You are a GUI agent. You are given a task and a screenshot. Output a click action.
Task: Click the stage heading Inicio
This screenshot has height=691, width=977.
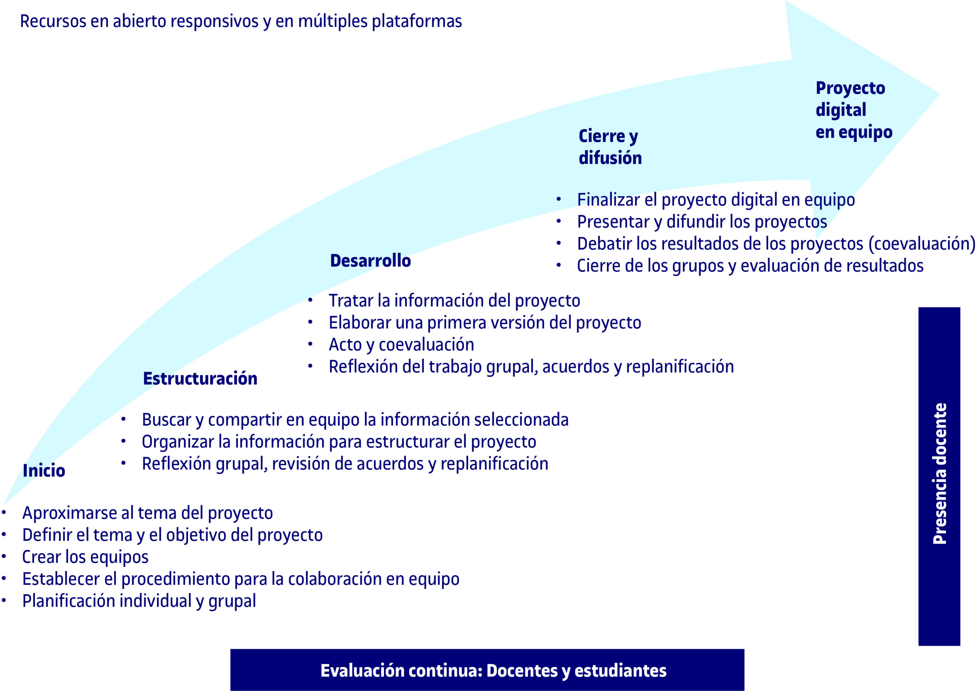44,470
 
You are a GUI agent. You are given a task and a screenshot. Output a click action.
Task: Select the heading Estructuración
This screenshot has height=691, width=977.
200,378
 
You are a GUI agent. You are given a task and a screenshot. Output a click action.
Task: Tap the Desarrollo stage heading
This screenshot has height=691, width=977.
370,260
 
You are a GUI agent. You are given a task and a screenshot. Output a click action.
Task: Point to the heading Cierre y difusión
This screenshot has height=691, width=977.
610,147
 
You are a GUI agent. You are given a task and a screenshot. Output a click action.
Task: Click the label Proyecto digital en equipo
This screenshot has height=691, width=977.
854,110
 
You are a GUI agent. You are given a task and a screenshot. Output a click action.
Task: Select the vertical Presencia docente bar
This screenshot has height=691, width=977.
939,477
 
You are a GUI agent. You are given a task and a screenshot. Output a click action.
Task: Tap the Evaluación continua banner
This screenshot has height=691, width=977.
487,670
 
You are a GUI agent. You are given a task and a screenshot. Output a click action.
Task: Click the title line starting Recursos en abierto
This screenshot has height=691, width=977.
241,21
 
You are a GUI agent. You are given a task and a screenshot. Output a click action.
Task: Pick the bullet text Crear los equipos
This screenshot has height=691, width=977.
85,557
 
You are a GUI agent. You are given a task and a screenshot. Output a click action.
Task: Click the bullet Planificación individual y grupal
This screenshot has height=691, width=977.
139,601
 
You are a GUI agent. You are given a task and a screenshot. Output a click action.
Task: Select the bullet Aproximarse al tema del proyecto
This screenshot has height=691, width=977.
148,513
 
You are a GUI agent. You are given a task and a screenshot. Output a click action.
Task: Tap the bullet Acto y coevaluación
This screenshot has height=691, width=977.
401,345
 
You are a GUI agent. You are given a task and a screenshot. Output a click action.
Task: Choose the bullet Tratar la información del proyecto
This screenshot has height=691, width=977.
455,301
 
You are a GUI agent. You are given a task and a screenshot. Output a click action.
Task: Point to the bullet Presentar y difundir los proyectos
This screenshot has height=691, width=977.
702,222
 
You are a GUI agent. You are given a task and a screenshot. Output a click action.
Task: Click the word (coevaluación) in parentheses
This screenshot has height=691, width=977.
922,244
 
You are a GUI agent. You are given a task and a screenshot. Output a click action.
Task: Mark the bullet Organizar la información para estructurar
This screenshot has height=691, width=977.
339,442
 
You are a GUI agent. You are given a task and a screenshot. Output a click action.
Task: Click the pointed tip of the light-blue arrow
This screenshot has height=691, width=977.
939,94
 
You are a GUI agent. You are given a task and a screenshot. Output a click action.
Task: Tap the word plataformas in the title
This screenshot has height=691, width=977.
417,21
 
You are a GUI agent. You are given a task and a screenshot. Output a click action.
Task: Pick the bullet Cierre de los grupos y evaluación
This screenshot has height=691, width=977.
750,266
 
